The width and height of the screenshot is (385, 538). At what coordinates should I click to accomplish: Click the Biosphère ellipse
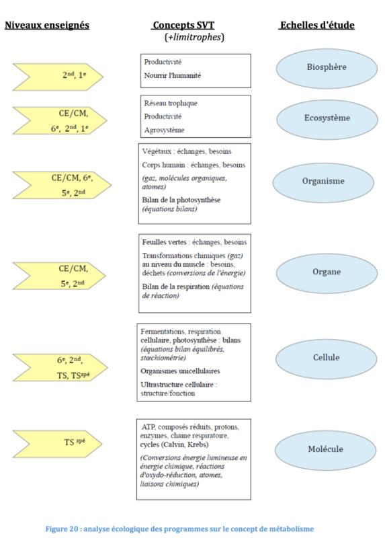point(327,69)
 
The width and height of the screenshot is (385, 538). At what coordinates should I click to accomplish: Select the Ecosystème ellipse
point(327,120)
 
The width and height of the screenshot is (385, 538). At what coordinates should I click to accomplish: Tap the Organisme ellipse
point(323,182)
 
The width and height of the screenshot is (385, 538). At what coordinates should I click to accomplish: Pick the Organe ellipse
point(327,273)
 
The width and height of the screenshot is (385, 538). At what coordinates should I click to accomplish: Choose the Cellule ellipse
point(326,359)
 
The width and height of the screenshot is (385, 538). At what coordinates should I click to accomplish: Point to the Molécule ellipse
point(325,451)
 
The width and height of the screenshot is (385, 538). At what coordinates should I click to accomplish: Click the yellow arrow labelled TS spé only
point(58,444)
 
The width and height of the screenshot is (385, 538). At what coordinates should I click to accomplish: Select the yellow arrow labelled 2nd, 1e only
point(58,77)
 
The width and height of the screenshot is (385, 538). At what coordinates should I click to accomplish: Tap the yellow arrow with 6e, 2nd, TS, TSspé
point(60,367)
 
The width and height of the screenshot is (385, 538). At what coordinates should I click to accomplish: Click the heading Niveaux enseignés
point(47,25)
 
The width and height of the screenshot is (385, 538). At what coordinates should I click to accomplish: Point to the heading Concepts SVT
point(183,25)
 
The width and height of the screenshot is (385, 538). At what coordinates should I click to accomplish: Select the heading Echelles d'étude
point(317,25)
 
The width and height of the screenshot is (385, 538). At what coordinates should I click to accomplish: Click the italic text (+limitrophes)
point(194,37)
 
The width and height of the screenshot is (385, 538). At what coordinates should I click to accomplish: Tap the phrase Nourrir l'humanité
point(173,75)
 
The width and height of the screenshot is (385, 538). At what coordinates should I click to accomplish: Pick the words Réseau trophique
point(171,104)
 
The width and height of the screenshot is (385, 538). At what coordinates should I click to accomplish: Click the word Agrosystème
point(164,130)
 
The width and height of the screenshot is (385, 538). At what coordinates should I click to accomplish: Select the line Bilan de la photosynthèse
point(181,200)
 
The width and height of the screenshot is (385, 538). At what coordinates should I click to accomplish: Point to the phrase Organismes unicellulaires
point(180,371)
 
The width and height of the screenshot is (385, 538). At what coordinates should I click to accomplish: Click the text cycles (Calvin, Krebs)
point(174,445)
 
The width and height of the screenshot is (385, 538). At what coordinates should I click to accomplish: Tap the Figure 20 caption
point(179,529)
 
